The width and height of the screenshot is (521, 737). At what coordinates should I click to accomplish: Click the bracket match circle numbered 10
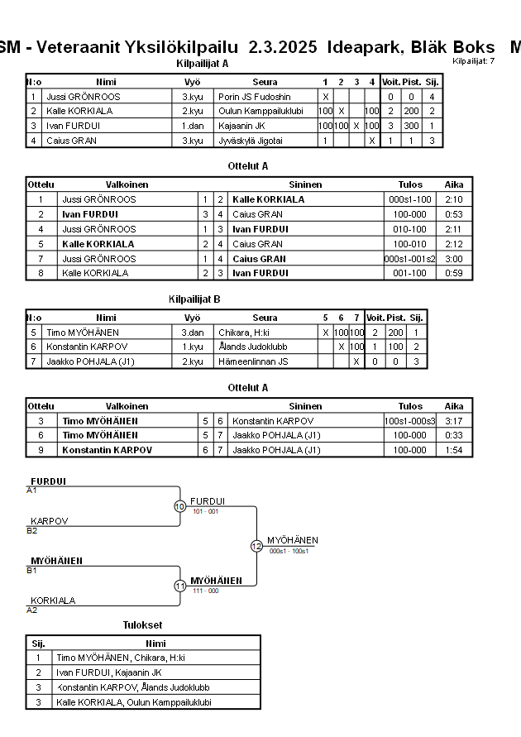pos(179,506)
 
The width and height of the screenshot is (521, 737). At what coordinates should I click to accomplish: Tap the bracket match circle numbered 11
pos(179,586)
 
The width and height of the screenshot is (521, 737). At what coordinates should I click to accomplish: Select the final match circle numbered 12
pos(256,546)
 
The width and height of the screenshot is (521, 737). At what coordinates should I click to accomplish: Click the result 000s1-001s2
pos(410,259)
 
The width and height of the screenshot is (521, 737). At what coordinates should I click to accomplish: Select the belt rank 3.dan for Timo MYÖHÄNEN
pos(192,332)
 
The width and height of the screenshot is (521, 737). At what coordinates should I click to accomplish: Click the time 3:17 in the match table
pos(453,420)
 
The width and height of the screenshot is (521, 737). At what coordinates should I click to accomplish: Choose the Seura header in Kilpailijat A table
pos(265,82)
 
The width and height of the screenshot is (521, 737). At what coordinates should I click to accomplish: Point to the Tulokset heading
pos(142,625)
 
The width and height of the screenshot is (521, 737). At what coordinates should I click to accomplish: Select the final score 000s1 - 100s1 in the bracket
pos(289,551)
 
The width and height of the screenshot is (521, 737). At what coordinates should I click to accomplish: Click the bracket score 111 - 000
pos(204,591)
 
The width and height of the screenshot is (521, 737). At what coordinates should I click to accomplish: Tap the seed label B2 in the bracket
pos(31,530)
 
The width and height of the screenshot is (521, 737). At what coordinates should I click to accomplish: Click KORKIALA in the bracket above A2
pos(53,601)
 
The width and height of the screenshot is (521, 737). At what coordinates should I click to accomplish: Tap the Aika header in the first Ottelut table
pos(453,184)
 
